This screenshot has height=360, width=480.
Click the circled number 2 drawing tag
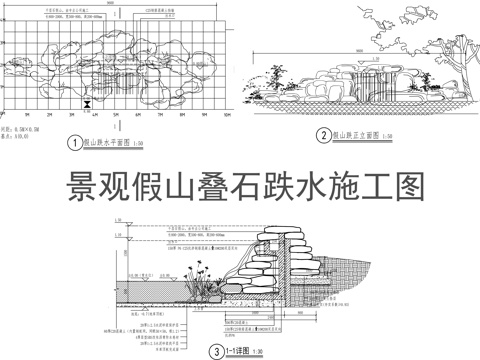pos(323,135)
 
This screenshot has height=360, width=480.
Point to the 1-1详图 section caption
pos(237,351)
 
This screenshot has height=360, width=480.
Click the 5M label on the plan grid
pos(117,114)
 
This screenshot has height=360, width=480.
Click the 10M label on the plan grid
pos(227,114)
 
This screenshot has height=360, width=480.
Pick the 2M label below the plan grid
pos(50,114)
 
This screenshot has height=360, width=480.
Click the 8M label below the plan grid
pos(183,114)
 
